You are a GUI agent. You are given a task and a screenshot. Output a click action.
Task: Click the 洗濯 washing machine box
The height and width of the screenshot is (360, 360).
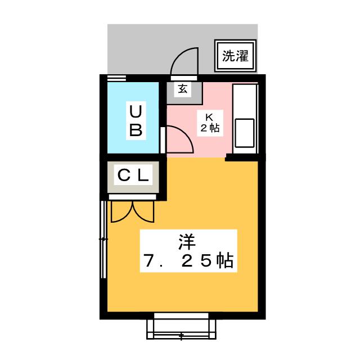coord(235,56)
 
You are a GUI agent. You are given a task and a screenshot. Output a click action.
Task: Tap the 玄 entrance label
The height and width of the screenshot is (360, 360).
coord(183,89)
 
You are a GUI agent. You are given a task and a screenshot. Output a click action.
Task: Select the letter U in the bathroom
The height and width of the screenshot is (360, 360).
coord(136,111)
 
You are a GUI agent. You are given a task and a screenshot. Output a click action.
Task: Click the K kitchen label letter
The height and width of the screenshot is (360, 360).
coord(209,118)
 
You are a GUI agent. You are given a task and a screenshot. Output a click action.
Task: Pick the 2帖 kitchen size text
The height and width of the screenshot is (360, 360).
coord(210,128)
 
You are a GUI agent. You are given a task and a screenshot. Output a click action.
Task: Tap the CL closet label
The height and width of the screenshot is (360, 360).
coord(133,176)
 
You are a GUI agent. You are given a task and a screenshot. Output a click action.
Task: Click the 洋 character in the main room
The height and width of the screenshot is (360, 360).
coord(187,242)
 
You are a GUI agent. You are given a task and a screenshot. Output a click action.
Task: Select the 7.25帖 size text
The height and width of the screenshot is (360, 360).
coord(188,260)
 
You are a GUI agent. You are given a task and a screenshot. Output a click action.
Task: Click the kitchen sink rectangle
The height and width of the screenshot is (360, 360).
coord(245,133)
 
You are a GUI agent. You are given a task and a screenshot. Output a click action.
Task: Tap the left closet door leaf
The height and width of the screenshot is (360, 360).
coord(121,212)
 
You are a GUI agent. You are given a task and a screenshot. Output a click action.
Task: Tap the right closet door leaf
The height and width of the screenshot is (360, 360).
coord(143,212)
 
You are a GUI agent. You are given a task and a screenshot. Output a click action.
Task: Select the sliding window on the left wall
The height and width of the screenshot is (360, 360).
coord(103,240)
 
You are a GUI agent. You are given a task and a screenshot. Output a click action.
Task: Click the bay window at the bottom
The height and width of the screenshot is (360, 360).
coord(181,326)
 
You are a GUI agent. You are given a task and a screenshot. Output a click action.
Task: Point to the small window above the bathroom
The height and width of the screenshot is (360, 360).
coord(116,78)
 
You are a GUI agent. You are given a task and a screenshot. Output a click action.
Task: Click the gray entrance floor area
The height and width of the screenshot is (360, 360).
coord(184,93)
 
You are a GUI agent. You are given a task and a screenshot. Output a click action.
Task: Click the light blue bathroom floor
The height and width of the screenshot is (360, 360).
coord(133,118)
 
